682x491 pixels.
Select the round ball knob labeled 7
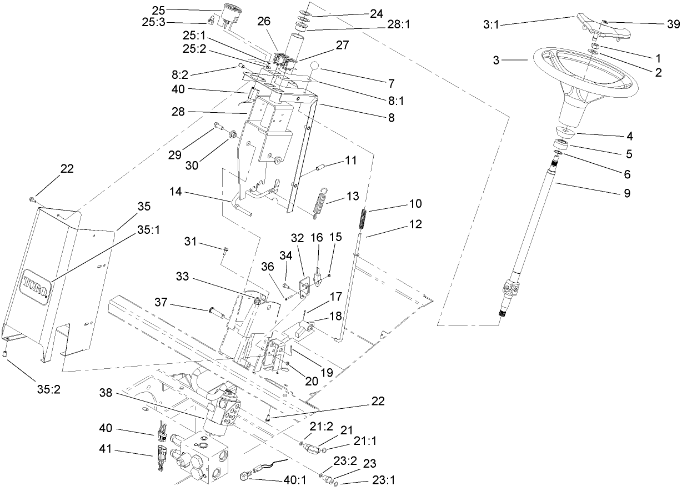[315, 68]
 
